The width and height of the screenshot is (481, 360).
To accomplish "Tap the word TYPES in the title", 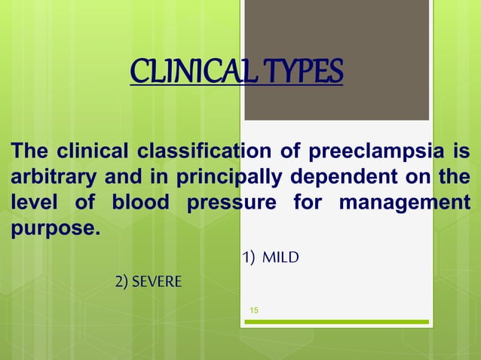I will click(303, 73).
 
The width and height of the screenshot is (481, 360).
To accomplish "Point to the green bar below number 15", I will click(336, 322).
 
